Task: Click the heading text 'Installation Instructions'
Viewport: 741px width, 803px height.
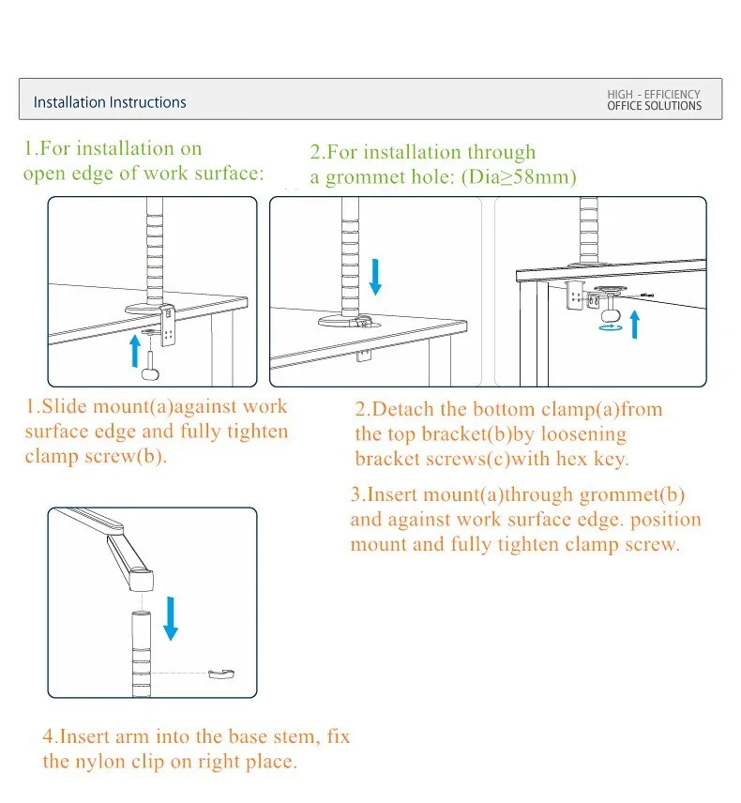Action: point(110,102)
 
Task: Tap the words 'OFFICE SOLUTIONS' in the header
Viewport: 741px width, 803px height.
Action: point(654,107)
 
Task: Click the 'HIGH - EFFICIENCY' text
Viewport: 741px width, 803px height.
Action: point(654,95)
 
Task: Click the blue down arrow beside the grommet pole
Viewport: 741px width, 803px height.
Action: point(375,275)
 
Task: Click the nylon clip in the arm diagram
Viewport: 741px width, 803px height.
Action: point(221,674)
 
